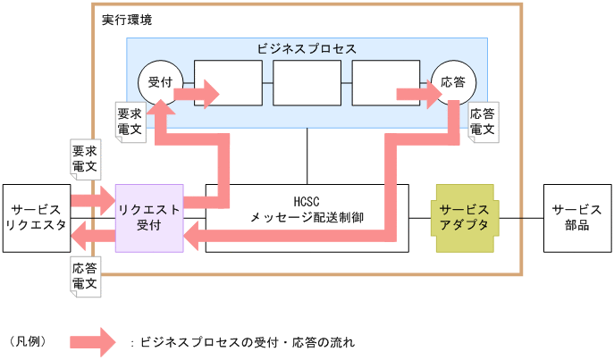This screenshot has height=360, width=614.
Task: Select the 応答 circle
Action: point(453,83)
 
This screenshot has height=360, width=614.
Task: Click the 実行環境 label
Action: point(121,19)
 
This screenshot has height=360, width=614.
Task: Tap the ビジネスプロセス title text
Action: point(307,47)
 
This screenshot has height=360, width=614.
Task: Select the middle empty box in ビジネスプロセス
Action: point(307,84)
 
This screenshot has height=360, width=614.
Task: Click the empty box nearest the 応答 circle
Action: point(386,84)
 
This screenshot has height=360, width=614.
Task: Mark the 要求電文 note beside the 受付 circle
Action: point(129,121)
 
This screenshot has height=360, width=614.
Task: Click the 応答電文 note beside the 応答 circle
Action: point(484,121)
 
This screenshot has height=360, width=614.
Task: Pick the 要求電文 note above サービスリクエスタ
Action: point(85,158)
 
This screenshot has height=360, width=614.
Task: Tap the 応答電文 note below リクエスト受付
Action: point(85,274)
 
